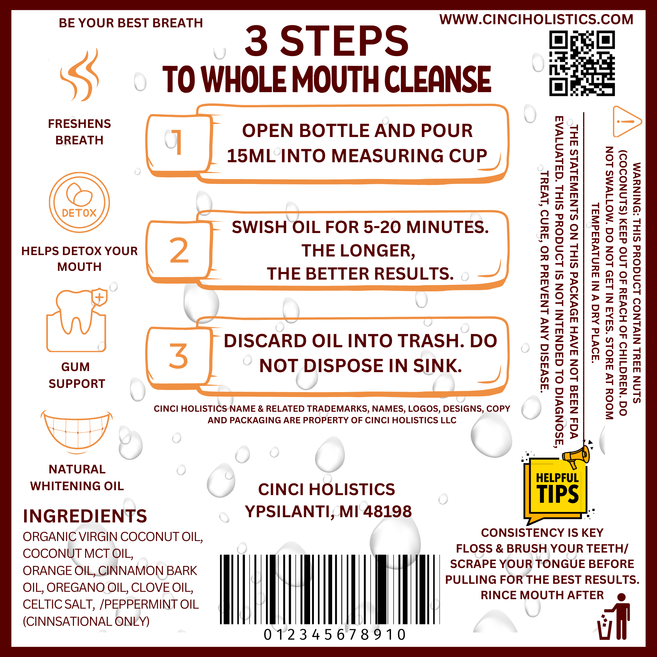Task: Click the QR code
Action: pos(582,63)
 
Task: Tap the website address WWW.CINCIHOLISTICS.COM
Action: pos(536,19)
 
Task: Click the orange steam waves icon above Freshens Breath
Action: pos(80,75)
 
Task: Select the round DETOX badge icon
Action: pos(79,202)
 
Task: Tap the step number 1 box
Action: pos(179,145)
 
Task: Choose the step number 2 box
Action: pos(179,252)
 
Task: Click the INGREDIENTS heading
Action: pos(85,516)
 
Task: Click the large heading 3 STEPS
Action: pos(327,41)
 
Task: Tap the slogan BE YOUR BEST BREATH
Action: pos(131,23)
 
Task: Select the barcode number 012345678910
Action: pos(335,635)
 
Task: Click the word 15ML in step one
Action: pos(251,156)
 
